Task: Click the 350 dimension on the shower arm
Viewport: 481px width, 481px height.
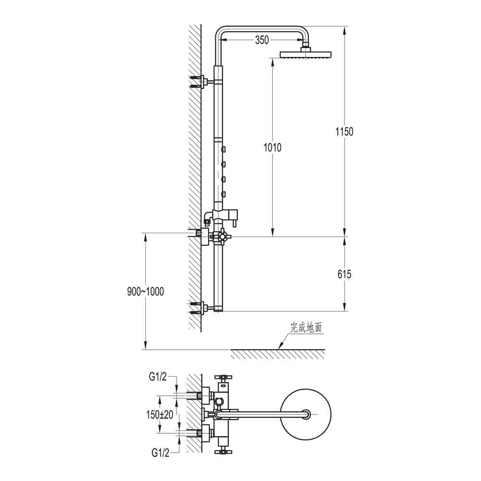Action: [262, 40]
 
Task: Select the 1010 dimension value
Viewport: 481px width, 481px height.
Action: [272, 148]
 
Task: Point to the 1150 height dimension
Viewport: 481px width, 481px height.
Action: [344, 131]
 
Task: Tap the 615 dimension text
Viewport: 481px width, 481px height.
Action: [344, 275]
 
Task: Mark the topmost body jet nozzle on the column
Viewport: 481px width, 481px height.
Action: [224, 150]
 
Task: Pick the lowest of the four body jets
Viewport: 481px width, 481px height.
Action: [224, 194]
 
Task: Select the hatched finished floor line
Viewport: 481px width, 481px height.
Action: [278, 354]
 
